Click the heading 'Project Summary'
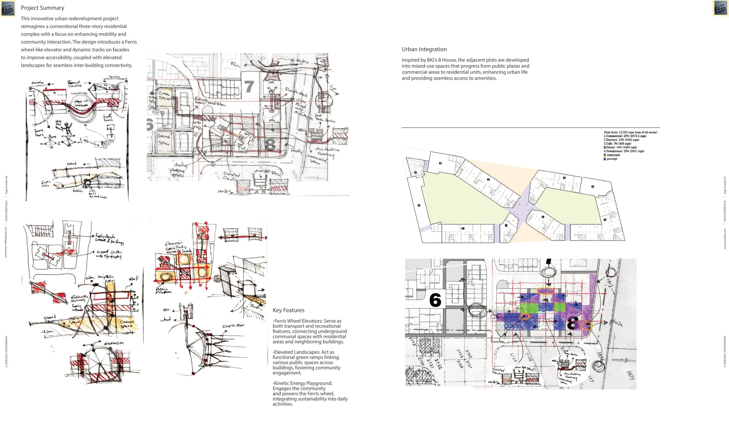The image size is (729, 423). (x=42, y=8)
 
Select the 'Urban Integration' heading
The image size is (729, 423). (x=424, y=49)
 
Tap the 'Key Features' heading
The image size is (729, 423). (x=288, y=310)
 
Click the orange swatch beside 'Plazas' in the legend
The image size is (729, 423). (x=605, y=148)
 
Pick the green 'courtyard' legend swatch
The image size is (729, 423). (x=605, y=155)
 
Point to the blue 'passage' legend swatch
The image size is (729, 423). (x=605, y=159)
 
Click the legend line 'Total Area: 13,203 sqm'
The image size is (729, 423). (x=630, y=132)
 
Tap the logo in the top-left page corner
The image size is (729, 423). (x=8, y=9)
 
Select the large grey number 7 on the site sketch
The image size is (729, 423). (x=249, y=87)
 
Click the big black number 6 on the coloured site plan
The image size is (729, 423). (x=435, y=300)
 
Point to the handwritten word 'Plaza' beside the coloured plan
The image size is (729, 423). (x=616, y=323)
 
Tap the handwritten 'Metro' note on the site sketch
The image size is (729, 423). (x=302, y=61)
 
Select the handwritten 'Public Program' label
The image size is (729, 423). (x=163, y=290)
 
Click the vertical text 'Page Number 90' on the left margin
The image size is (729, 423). (x=6, y=185)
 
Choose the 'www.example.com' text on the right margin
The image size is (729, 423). (x=725, y=238)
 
